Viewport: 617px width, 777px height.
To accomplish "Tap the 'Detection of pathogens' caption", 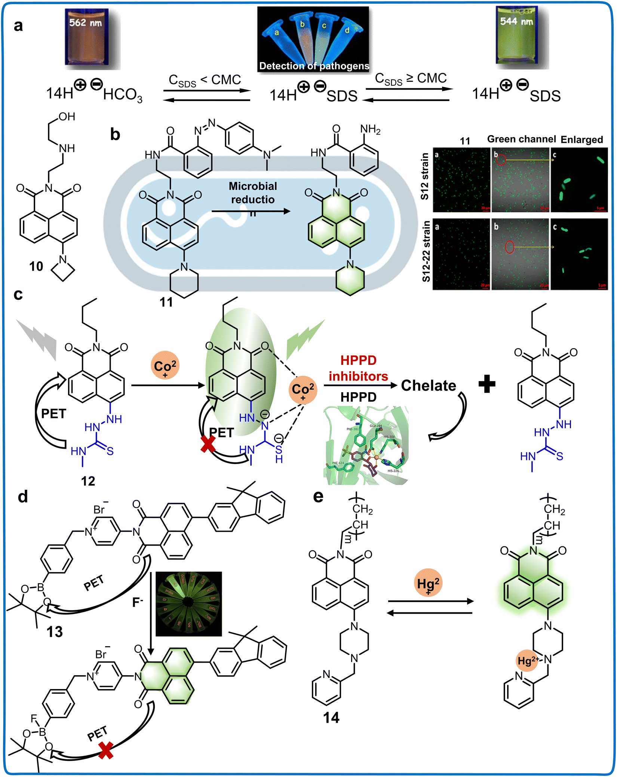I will click(314, 66).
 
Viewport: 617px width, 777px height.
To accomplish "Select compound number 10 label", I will click(36, 267).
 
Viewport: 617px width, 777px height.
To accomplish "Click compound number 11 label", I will click(166, 302).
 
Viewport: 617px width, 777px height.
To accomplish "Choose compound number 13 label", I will click(55, 632).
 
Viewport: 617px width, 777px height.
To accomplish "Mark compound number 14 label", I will click(331, 718).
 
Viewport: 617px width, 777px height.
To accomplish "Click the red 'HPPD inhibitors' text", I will click(358, 368).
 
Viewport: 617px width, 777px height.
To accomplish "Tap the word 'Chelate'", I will click(429, 386).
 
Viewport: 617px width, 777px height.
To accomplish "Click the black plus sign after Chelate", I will click(487, 384).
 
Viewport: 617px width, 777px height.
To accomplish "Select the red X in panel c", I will click(208, 444).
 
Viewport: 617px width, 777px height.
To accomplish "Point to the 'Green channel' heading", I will click(521, 139).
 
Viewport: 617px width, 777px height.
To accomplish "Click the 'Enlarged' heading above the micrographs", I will click(582, 139).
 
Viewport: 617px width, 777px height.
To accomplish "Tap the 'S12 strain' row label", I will click(425, 176).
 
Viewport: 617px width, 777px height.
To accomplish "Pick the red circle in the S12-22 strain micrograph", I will click(510, 247).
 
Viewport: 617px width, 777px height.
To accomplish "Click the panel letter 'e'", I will click(318, 497).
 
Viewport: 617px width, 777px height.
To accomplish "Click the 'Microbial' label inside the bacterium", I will click(253, 186).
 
